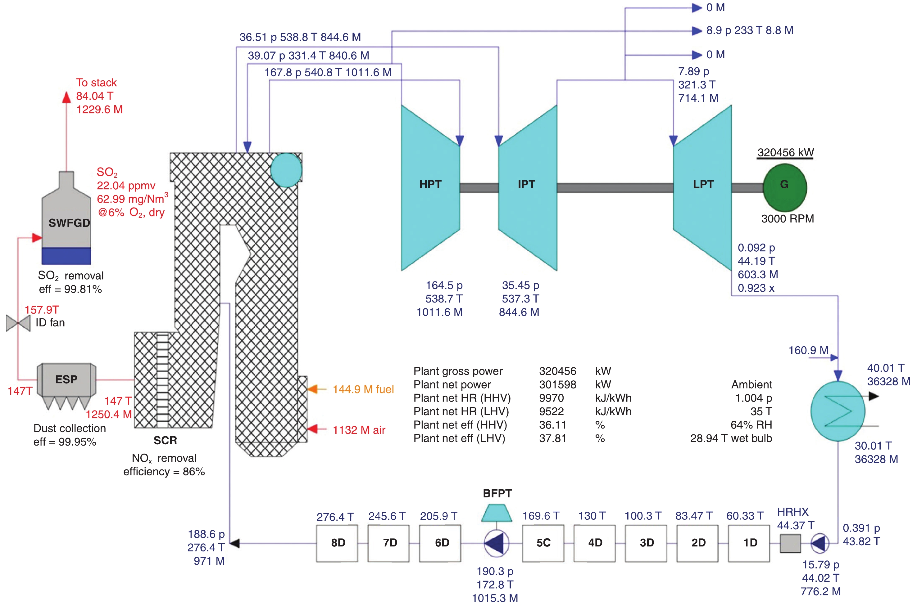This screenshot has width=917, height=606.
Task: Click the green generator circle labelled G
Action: (x=784, y=187)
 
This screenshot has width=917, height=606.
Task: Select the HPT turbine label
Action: (x=430, y=184)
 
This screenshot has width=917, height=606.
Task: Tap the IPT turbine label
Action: (x=526, y=184)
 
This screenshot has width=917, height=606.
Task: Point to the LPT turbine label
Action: (x=703, y=184)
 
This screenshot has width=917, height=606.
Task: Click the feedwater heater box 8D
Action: (x=337, y=543)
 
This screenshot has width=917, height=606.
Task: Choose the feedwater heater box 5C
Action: (x=543, y=543)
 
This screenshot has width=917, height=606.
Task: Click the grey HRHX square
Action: (x=790, y=543)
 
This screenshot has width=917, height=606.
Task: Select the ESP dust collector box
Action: (x=66, y=379)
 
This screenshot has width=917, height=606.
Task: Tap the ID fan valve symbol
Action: (x=18, y=323)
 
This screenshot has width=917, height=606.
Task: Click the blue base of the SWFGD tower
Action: (x=66, y=256)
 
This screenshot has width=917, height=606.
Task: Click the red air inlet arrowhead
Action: (x=312, y=429)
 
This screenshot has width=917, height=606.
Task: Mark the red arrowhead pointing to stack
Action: (x=66, y=97)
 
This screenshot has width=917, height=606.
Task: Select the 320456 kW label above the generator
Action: (x=785, y=153)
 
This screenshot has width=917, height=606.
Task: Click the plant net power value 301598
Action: (x=557, y=384)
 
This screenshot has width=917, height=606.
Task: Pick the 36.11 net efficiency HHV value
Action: (x=552, y=425)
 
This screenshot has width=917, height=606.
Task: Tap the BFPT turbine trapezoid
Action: (x=497, y=513)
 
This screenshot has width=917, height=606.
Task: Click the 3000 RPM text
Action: (x=787, y=219)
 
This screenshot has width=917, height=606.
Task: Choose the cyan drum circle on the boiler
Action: (x=286, y=170)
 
